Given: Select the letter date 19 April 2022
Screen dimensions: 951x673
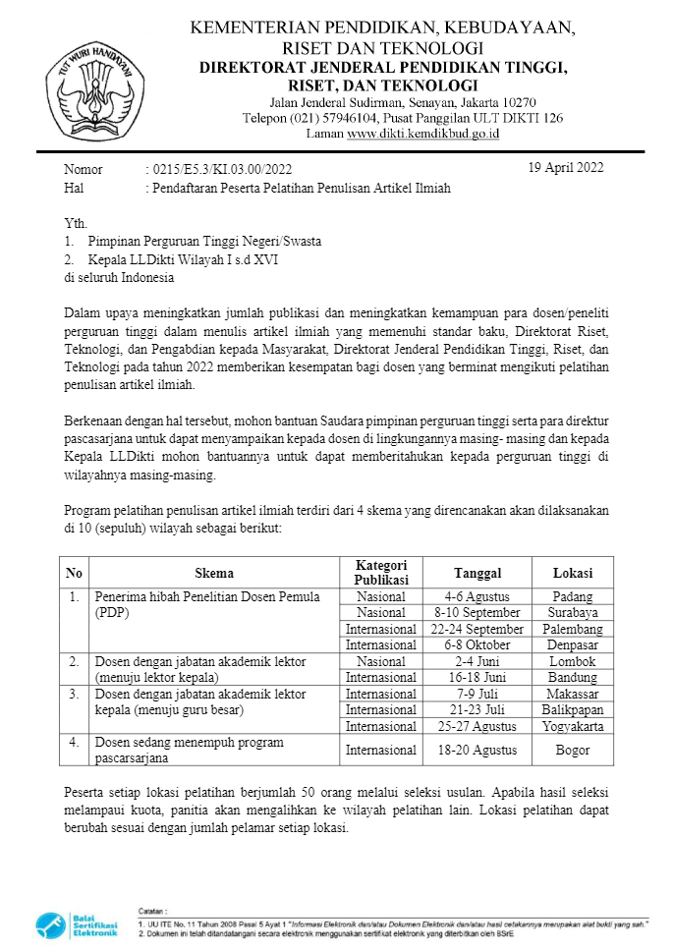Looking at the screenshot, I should pyautogui.click(x=566, y=167).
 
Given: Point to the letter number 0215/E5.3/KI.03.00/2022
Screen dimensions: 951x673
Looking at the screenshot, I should pyautogui.click(x=218, y=170).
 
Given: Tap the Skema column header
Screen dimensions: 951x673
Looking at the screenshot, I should pyautogui.click(x=214, y=573).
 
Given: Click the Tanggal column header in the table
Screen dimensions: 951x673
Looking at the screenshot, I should pyautogui.click(x=477, y=573).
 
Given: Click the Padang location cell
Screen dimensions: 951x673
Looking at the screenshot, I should pyautogui.click(x=572, y=596).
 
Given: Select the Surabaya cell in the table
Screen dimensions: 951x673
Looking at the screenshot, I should pyautogui.click(x=572, y=612).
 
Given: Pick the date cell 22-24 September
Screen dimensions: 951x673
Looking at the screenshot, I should pyautogui.click(x=477, y=629).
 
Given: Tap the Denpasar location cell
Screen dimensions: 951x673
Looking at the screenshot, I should pyautogui.click(x=572, y=644).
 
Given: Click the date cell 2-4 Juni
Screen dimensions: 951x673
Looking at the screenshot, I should pyautogui.click(x=477, y=661).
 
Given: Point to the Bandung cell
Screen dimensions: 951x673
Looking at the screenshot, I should pyautogui.click(x=572, y=677).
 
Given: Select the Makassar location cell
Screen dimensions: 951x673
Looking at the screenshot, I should pyautogui.click(x=572, y=694).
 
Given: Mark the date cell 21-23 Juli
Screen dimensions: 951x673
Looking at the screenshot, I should pyautogui.click(x=477, y=709).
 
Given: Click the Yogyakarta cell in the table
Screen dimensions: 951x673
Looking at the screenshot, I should pyautogui.click(x=572, y=726).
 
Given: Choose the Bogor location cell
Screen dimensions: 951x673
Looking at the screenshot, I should pyautogui.click(x=572, y=750).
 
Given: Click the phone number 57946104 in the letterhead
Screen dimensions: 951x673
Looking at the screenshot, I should pyautogui.click(x=333, y=118).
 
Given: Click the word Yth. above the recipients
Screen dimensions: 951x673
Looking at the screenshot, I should pyautogui.click(x=76, y=223).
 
